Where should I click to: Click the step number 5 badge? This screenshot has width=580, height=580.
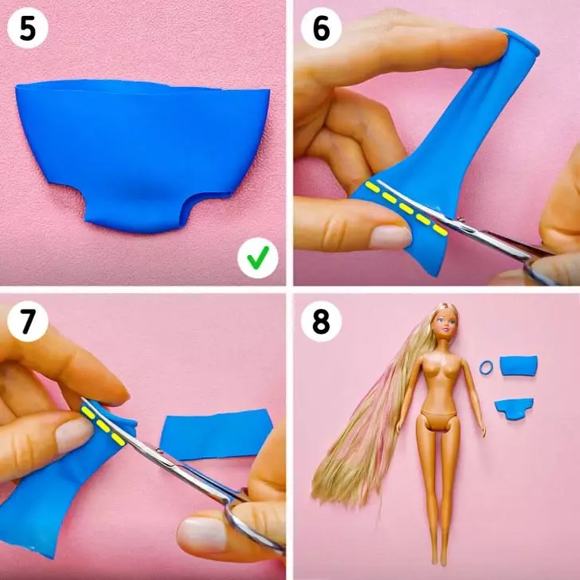click(x=28, y=28)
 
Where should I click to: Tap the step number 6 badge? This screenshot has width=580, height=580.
click(x=321, y=28)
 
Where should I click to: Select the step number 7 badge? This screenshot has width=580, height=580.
click(x=28, y=321)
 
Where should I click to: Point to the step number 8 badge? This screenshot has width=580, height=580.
click(x=321, y=321)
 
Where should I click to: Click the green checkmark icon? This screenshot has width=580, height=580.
click(x=258, y=258)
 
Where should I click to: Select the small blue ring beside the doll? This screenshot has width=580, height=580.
click(x=487, y=368)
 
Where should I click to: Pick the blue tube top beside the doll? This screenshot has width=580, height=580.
click(x=518, y=366)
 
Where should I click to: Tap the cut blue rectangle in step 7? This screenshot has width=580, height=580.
click(x=217, y=435)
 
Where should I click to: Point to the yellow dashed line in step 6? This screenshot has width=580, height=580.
click(x=406, y=209)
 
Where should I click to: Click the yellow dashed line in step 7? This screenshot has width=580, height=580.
click(x=103, y=425)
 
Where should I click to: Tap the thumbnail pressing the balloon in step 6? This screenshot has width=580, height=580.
click(x=390, y=237)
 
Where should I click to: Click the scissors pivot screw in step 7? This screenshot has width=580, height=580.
click(x=159, y=451)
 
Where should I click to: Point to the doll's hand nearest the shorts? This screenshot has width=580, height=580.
click(x=483, y=430)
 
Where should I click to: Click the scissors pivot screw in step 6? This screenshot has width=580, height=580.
click(x=460, y=220)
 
